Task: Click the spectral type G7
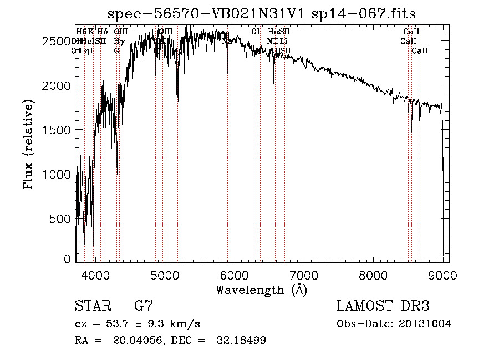point(143,306)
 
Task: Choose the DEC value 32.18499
point(242,341)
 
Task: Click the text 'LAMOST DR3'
point(383,306)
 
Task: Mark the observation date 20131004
point(425,323)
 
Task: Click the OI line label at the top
point(256,32)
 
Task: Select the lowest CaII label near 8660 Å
point(420,50)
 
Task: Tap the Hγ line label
point(119,41)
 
